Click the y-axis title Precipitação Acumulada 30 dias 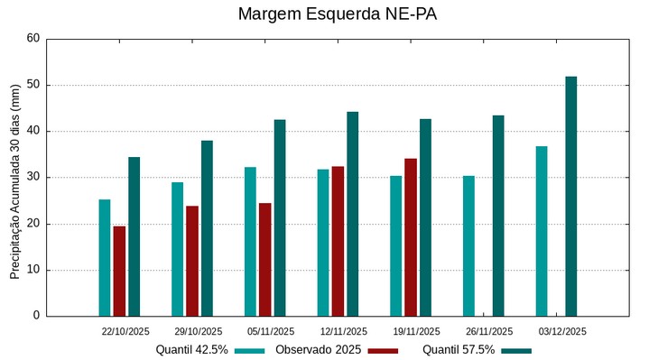[14, 178]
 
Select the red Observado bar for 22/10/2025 [119, 271]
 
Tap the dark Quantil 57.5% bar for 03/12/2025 [570, 197]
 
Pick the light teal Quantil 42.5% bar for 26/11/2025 [468, 245]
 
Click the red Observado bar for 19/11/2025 [411, 237]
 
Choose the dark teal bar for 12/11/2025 [353, 214]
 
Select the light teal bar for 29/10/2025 [178, 249]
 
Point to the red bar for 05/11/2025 [264, 260]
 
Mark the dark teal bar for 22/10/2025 [134, 236]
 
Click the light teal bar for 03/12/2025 [542, 231]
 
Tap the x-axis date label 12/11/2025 [344, 332]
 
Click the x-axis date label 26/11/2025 [489, 332]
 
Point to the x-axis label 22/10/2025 [125, 332]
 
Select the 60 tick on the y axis [33, 39]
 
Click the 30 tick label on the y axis [33, 178]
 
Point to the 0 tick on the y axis [36, 316]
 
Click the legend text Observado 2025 [319, 350]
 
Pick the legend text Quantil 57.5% [459, 350]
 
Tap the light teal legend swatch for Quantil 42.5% [249, 350]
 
